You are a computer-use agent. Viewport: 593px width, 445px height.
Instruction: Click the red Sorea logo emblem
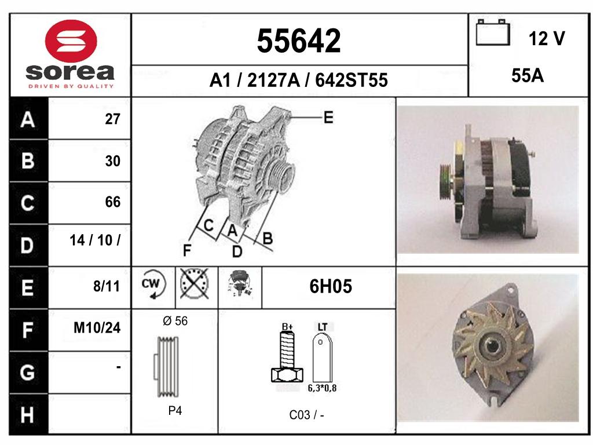pos(71,41)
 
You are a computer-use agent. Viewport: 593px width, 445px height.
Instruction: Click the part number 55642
pos(299,41)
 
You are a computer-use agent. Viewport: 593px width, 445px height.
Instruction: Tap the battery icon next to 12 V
pos(493,32)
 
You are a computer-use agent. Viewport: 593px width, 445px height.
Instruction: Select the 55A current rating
pos(528,76)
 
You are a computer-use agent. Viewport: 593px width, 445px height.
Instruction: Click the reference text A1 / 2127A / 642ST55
pos(299,80)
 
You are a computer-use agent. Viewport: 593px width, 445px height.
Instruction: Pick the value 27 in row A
pos(113,119)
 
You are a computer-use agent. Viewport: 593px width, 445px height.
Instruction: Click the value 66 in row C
pos(113,202)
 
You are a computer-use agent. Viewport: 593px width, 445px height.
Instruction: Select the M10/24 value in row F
pos(97,328)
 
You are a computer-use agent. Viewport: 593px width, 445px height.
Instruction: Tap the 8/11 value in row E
pos(107,286)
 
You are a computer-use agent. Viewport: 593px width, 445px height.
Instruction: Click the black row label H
pos(27,415)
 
